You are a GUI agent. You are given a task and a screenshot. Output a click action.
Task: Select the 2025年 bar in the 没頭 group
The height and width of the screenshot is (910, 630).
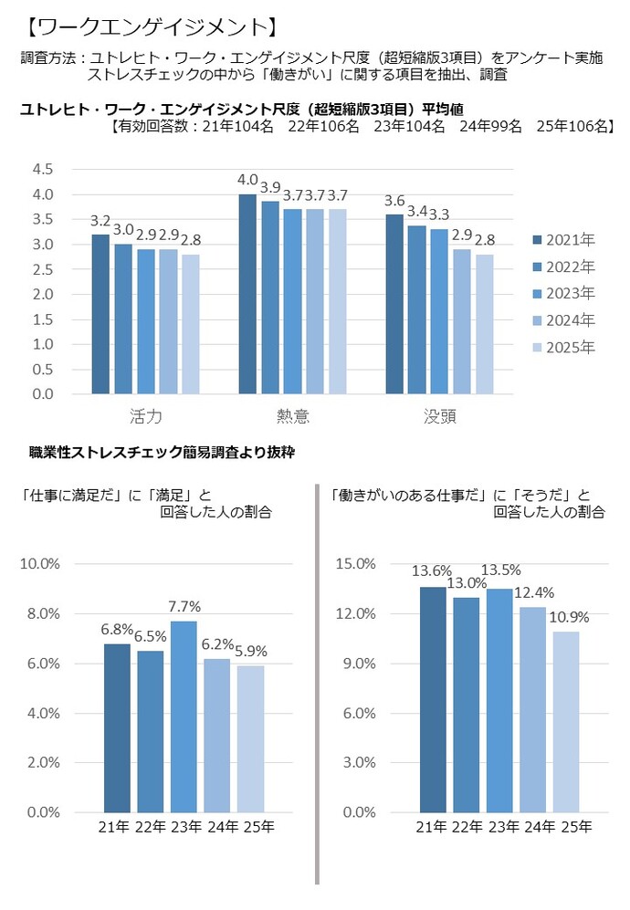pos(484,324)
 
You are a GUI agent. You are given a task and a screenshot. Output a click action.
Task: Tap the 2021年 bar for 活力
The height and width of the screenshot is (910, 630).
pos(100,314)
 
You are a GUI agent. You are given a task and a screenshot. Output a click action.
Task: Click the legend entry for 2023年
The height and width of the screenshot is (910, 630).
pos(562,294)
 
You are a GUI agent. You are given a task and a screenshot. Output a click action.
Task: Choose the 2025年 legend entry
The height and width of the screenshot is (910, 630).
pos(562,348)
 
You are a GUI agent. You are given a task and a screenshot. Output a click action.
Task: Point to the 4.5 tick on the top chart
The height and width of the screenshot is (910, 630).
pos(43,170)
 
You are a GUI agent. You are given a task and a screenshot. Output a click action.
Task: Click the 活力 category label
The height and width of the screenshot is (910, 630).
pos(145,416)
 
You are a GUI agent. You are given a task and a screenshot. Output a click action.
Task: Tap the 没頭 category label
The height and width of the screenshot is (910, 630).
pos(439,416)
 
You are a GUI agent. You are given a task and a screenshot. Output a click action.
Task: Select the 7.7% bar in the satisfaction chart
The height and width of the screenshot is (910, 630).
pos(184,716)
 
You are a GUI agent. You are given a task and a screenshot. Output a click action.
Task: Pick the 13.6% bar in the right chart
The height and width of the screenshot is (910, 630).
pos(433,699)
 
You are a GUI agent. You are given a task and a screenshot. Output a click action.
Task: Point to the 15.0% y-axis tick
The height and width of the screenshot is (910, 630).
pos(356,564)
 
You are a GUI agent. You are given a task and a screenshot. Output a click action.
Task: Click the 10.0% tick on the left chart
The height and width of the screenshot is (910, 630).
pos(40,564)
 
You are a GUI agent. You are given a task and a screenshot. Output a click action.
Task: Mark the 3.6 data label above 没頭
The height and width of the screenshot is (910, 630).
pos(394,201)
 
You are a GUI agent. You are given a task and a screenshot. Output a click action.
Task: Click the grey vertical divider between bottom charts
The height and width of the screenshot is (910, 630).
pos(316,685)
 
